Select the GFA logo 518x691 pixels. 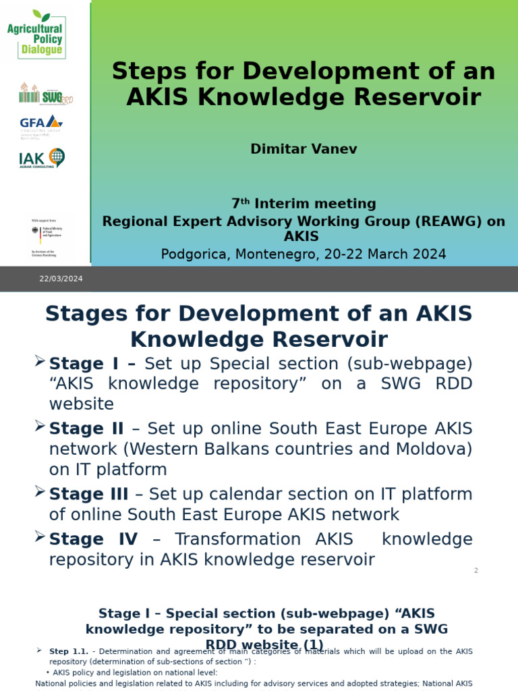pos(41,124)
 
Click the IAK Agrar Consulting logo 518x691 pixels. pos(42,159)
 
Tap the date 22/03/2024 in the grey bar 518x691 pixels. pos(61,279)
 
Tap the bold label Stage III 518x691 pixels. pos(88,494)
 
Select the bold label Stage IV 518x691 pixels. pos(93,539)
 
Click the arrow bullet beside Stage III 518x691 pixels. pos(40,492)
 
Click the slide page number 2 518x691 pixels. pos(476,571)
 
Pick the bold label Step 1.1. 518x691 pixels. pos(69,651)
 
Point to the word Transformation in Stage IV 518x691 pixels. pos(237,539)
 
